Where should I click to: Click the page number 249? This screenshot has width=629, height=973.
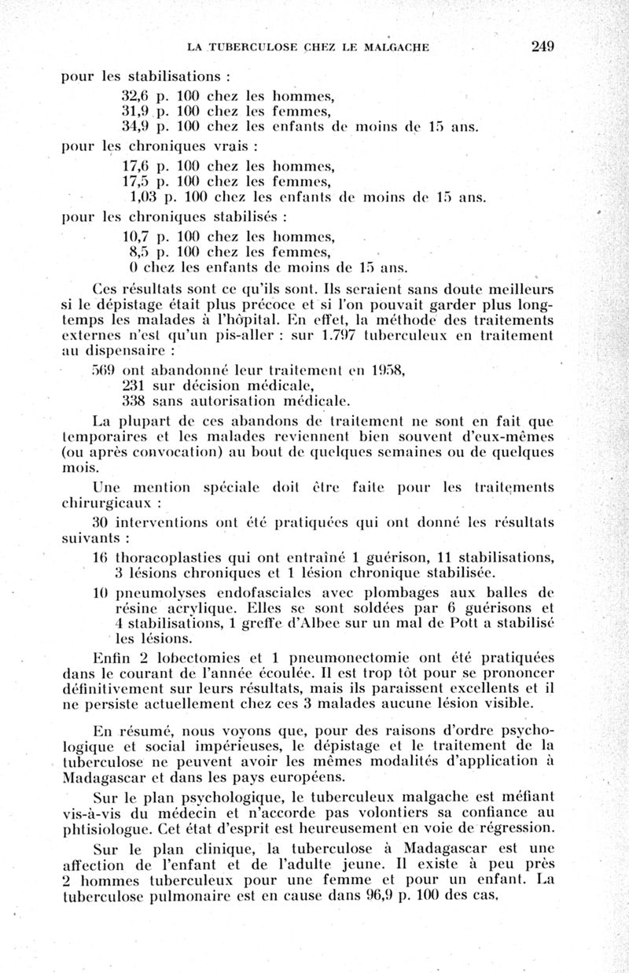click(x=543, y=46)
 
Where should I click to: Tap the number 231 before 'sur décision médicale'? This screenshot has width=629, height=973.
click(x=137, y=385)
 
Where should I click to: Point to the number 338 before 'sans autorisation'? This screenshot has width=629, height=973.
click(x=137, y=400)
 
